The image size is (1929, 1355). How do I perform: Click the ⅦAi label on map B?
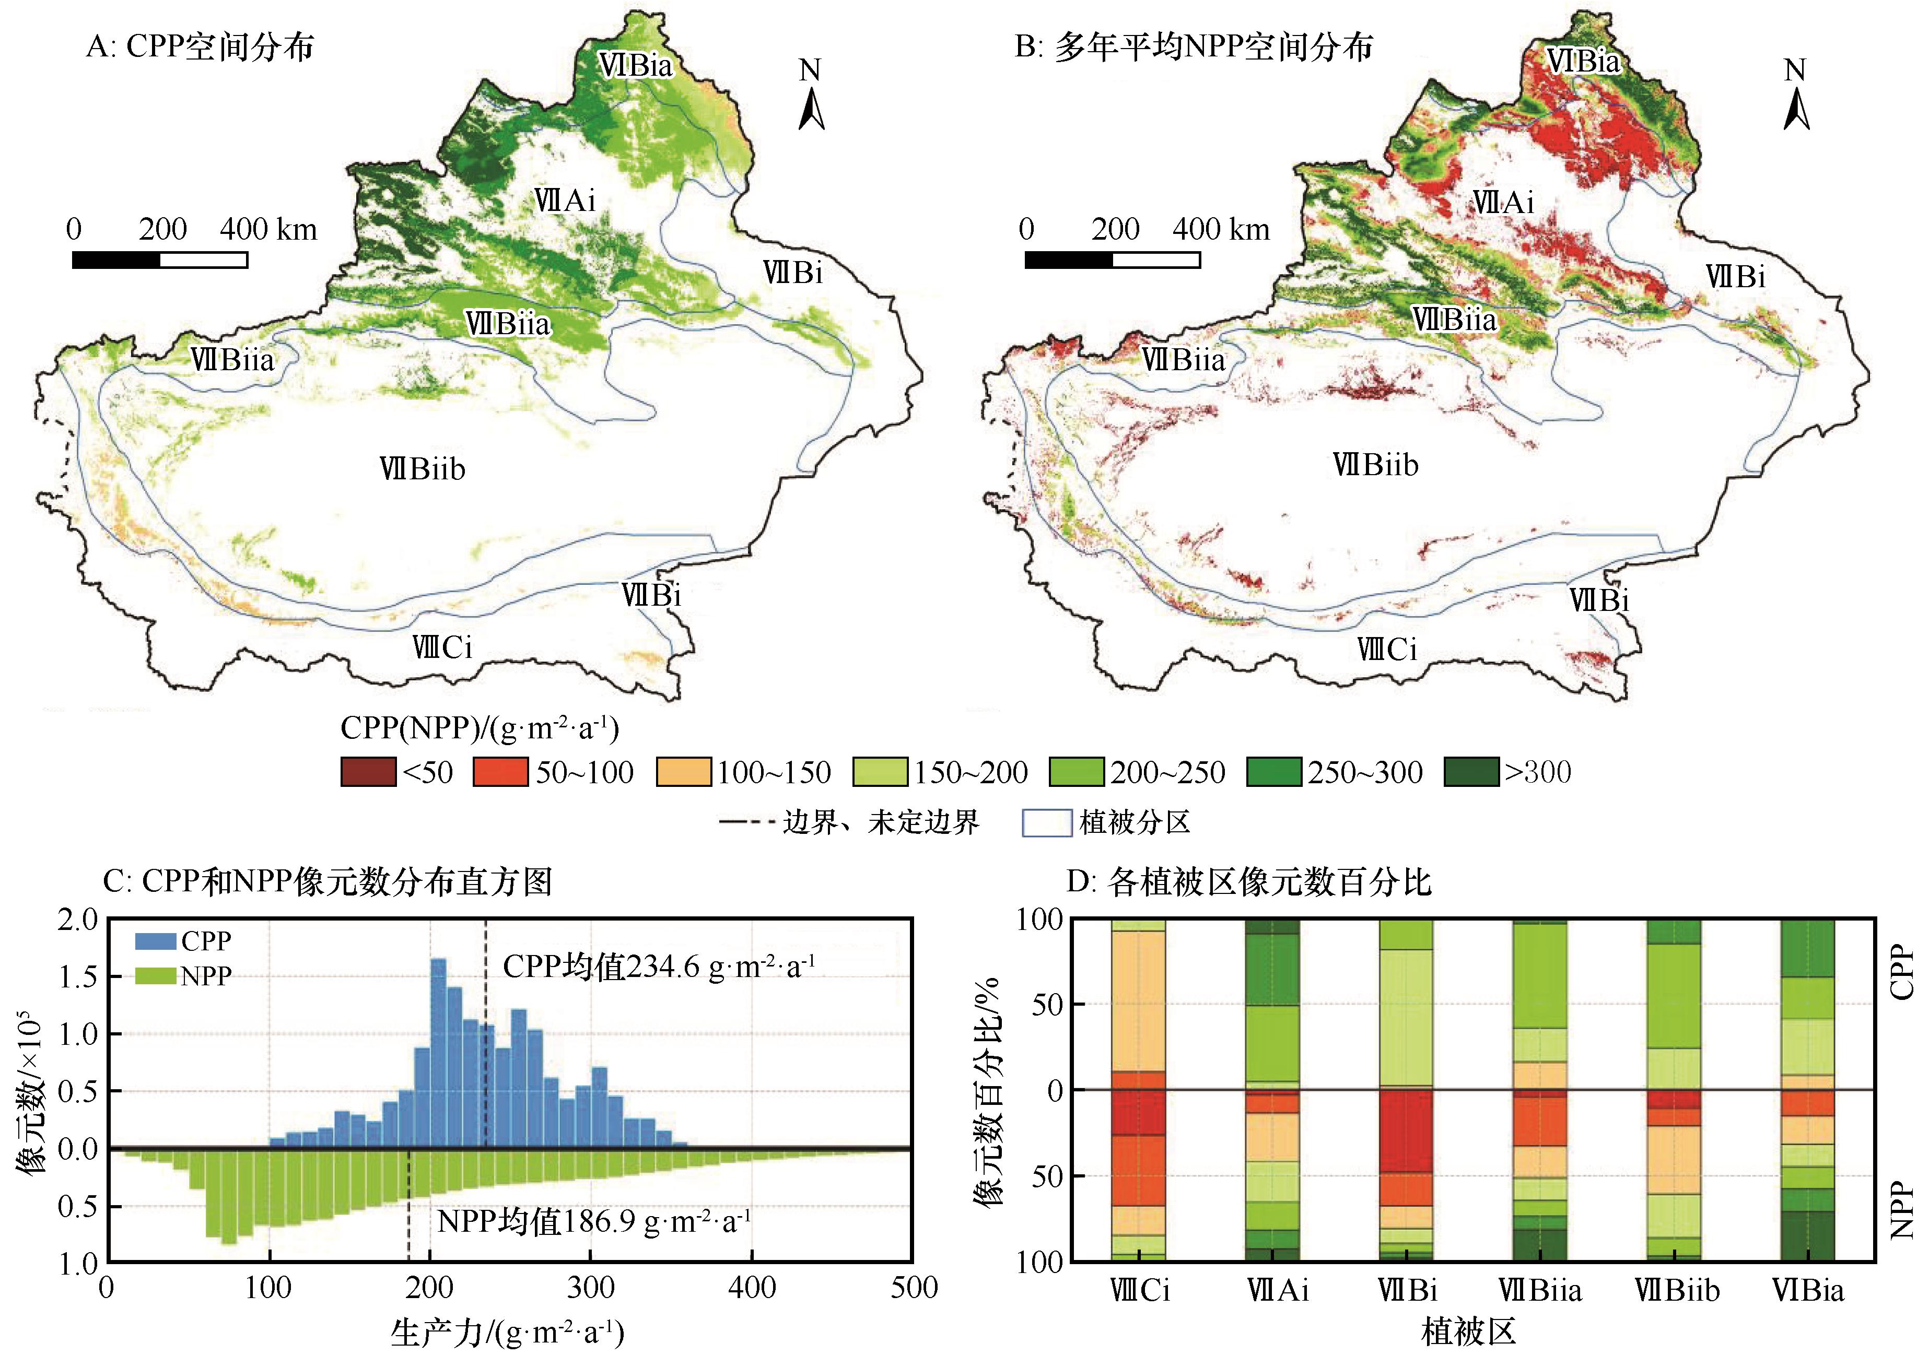pos(1503,203)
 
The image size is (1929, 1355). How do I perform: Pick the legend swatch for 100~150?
pos(683,772)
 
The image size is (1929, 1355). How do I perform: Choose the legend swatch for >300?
pos(1470,772)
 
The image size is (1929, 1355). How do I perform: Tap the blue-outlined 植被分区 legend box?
pos(1046,822)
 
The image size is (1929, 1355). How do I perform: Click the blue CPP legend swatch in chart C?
pos(156,941)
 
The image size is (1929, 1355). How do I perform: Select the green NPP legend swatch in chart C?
pos(156,976)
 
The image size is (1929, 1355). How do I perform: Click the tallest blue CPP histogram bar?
pos(438,1050)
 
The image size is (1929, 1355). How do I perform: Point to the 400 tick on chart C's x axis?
pos(752,1288)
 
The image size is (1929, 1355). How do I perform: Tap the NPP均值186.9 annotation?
pos(593,1221)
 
